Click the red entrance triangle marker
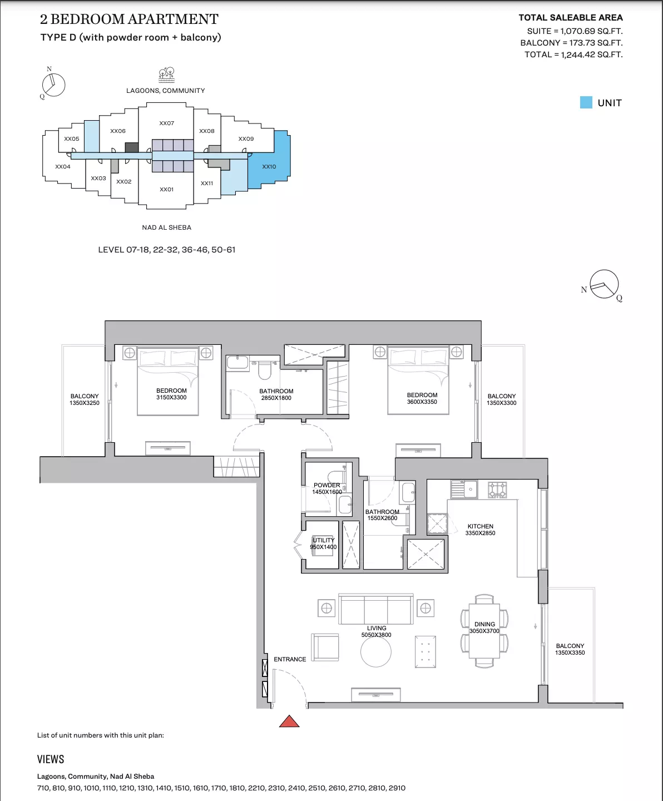[x=289, y=721]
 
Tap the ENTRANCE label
[x=290, y=659]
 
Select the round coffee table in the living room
[x=375, y=652]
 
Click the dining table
[x=484, y=630]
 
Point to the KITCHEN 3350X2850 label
[x=481, y=530]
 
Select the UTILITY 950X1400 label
[x=324, y=543]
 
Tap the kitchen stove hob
[x=497, y=489]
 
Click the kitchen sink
[x=464, y=489]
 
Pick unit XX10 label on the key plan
[x=269, y=166]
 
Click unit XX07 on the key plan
[x=166, y=123]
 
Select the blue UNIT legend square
[x=586, y=102]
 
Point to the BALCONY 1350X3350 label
[x=570, y=649]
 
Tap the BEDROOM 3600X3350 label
[x=422, y=398]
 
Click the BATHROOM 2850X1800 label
[x=276, y=394]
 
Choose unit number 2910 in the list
[x=397, y=788]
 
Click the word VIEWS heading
[x=51, y=759]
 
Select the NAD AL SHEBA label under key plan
[x=166, y=228]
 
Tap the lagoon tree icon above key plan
[x=166, y=75]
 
